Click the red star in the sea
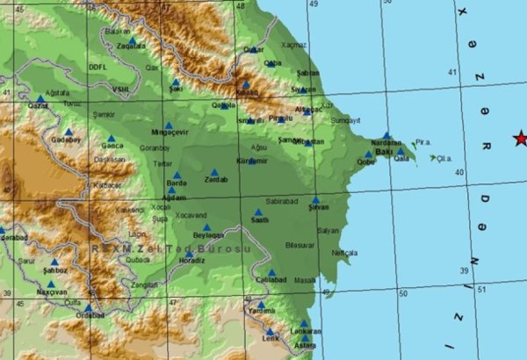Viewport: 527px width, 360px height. click(x=520, y=138)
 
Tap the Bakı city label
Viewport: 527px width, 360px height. click(x=382, y=152)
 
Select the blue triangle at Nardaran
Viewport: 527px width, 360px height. click(x=386, y=135)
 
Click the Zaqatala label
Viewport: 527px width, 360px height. click(x=131, y=47)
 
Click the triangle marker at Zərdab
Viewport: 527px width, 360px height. click(x=213, y=172)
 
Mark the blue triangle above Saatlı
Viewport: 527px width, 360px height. click(x=258, y=212)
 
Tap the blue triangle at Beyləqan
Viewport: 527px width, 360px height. click(x=207, y=227)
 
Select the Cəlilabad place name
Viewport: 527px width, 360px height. click(x=271, y=279)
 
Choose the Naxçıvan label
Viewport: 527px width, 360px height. click(x=51, y=291)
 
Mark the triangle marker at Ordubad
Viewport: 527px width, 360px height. click(x=89, y=307)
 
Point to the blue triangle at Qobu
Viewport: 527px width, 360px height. click(x=368, y=154)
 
